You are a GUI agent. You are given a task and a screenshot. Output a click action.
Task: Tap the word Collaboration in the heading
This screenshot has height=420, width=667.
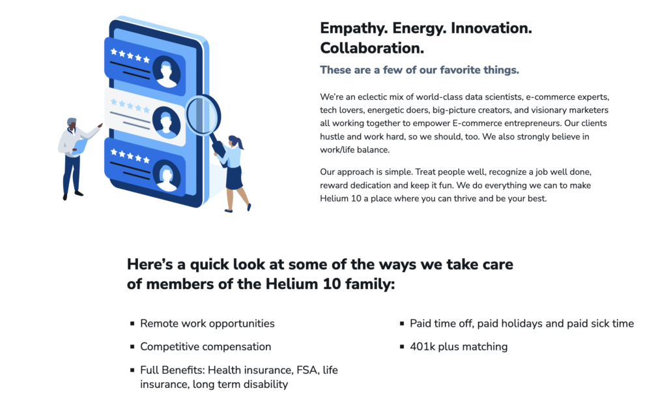pos(372,48)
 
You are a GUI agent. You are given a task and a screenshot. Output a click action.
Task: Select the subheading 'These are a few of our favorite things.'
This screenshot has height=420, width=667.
pos(419,70)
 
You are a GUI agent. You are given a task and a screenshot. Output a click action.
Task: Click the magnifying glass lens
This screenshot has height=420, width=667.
pos(203,114)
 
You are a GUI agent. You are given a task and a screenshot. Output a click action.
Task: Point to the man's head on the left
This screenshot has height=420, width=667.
pos(72,124)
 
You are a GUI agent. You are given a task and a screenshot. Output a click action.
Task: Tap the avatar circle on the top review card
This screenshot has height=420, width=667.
pos(166,72)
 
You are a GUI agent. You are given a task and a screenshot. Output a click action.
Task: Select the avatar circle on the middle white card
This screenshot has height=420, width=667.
pos(166,123)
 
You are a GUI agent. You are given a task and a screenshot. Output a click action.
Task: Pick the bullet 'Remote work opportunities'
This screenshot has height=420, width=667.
pos(207,323)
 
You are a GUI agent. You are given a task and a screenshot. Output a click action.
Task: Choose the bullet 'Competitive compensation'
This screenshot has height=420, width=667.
pos(205,347)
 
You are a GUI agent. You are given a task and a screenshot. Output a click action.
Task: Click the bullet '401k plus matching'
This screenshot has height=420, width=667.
pos(459,347)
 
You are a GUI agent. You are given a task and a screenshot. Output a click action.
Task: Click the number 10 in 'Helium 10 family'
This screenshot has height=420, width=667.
pos(332,284)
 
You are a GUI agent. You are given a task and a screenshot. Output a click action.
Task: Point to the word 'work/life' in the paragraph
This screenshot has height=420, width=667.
pos(337,150)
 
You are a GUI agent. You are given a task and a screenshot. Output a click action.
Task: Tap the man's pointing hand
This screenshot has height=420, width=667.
pos(100,126)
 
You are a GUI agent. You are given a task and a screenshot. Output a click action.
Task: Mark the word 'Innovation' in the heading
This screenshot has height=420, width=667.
pos(491,29)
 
